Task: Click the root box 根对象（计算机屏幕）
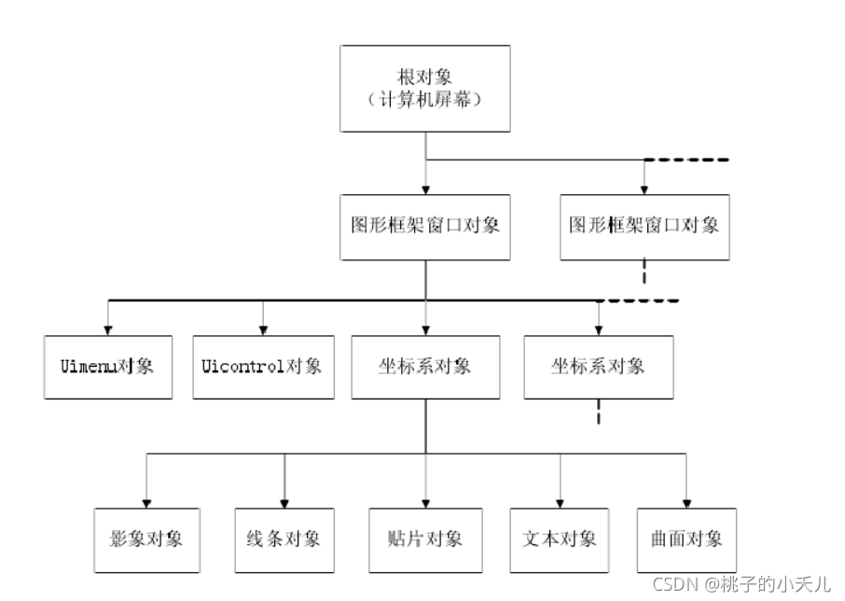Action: pos(425,89)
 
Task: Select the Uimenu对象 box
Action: pos(108,367)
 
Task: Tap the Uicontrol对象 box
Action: pos(264,367)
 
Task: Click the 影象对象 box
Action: pos(147,540)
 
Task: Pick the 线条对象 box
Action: pos(284,540)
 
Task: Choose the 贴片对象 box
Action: pos(425,540)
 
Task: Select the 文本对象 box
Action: pos(560,540)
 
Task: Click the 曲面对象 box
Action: pos(686,540)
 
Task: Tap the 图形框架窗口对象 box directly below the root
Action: pos(425,228)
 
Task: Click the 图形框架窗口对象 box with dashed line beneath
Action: pos(645,228)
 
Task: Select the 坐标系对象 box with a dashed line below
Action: pos(599,367)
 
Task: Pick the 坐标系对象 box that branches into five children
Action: pos(425,367)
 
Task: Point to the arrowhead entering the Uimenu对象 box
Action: pos(108,330)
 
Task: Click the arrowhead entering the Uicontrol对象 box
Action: pos(264,330)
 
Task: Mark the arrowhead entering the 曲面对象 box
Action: pos(686,503)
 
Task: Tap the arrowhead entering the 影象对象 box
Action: pos(146,503)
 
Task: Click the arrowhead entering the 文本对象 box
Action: pos(560,503)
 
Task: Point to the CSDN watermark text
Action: pos(741,584)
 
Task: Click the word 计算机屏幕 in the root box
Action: pos(425,100)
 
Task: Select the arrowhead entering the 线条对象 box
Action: pos(284,503)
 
